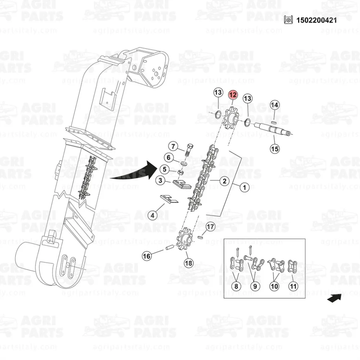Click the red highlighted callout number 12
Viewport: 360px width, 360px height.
coord(233,95)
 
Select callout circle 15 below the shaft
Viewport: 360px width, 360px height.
coord(275,148)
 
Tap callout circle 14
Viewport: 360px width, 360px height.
coord(275,105)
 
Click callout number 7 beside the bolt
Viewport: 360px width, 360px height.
coord(173,147)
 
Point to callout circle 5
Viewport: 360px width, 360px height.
coord(164,168)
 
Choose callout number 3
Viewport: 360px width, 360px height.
coord(160,180)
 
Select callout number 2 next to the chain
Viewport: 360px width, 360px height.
coord(224,181)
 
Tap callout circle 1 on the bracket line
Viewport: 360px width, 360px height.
coord(244,187)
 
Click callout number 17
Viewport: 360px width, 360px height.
coord(211,227)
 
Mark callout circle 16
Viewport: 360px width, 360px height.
coord(147,256)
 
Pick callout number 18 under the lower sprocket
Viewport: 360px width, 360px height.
coord(188,263)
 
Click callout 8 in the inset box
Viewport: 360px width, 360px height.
coord(236,287)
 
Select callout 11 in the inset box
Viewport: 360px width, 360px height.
coord(293,287)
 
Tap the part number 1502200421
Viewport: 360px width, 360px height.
coord(316,20)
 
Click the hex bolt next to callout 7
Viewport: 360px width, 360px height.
coord(190,149)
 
